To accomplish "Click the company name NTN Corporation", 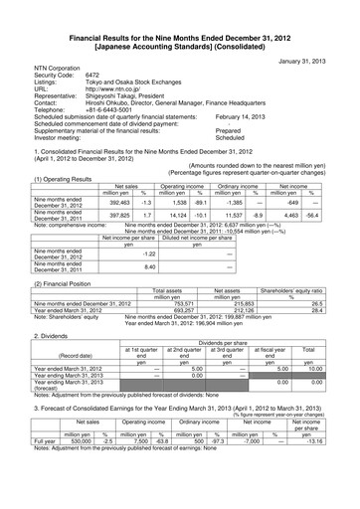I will (51, 67).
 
